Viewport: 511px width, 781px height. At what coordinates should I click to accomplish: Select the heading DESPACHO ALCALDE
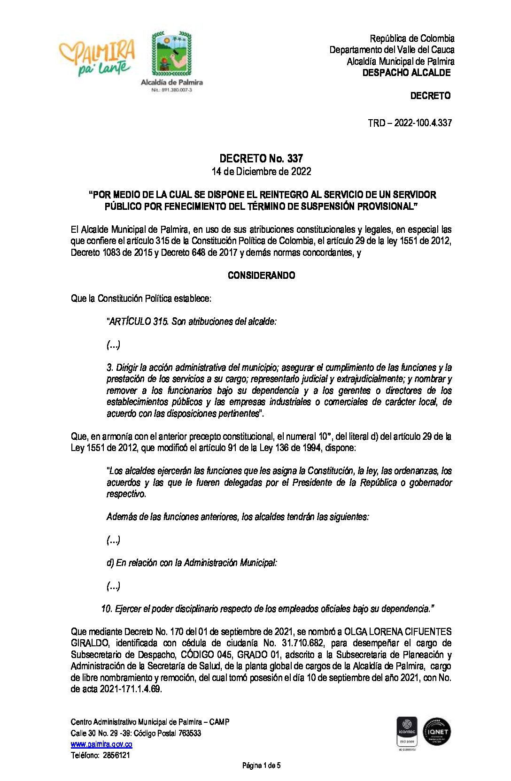(x=406, y=73)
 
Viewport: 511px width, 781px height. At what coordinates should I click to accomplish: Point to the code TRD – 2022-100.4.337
(x=410, y=123)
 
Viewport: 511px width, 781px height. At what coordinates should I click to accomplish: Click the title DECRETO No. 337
(x=261, y=159)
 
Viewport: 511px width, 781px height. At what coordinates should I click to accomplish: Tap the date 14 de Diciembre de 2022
(x=261, y=171)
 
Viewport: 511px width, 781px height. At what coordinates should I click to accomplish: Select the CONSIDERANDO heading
(x=261, y=276)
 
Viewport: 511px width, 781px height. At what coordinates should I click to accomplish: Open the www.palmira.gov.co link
(x=101, y=744)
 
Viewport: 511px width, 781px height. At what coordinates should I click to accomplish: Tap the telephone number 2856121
(x=115, y=755)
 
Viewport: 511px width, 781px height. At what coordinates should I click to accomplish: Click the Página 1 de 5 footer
(x=261, y=766)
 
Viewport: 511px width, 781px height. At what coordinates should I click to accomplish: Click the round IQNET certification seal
(x=437, y=731)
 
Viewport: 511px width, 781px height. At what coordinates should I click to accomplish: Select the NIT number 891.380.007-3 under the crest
(x=172, y=90)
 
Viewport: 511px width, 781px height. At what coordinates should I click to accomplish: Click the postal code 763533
(x=190, y=733)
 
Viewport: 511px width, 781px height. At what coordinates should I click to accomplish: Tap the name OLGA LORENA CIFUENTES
(x=398, y=632)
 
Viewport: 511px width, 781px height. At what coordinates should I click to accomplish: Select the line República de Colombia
(x=412, y=38)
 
